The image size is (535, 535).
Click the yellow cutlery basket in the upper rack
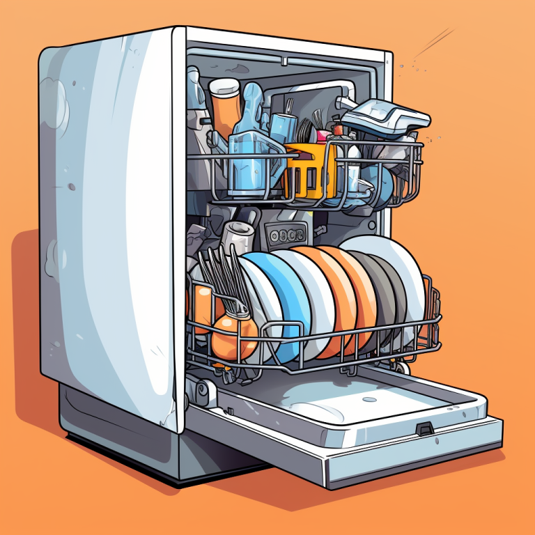click(x=307, y=171)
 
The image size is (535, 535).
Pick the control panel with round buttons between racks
click(x=286, y=235)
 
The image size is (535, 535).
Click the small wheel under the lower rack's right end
click(x=403, y=366)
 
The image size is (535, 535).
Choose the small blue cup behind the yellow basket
click(x=282, y=129)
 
